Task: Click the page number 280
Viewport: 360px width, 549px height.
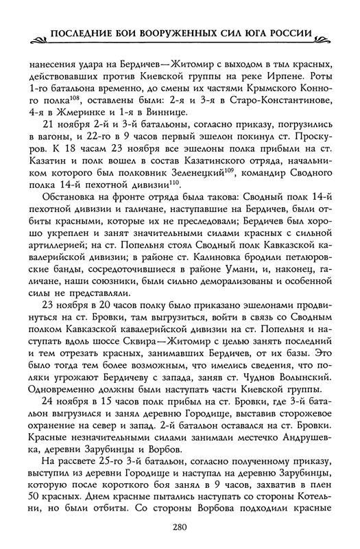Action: (x=180, y=527)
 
